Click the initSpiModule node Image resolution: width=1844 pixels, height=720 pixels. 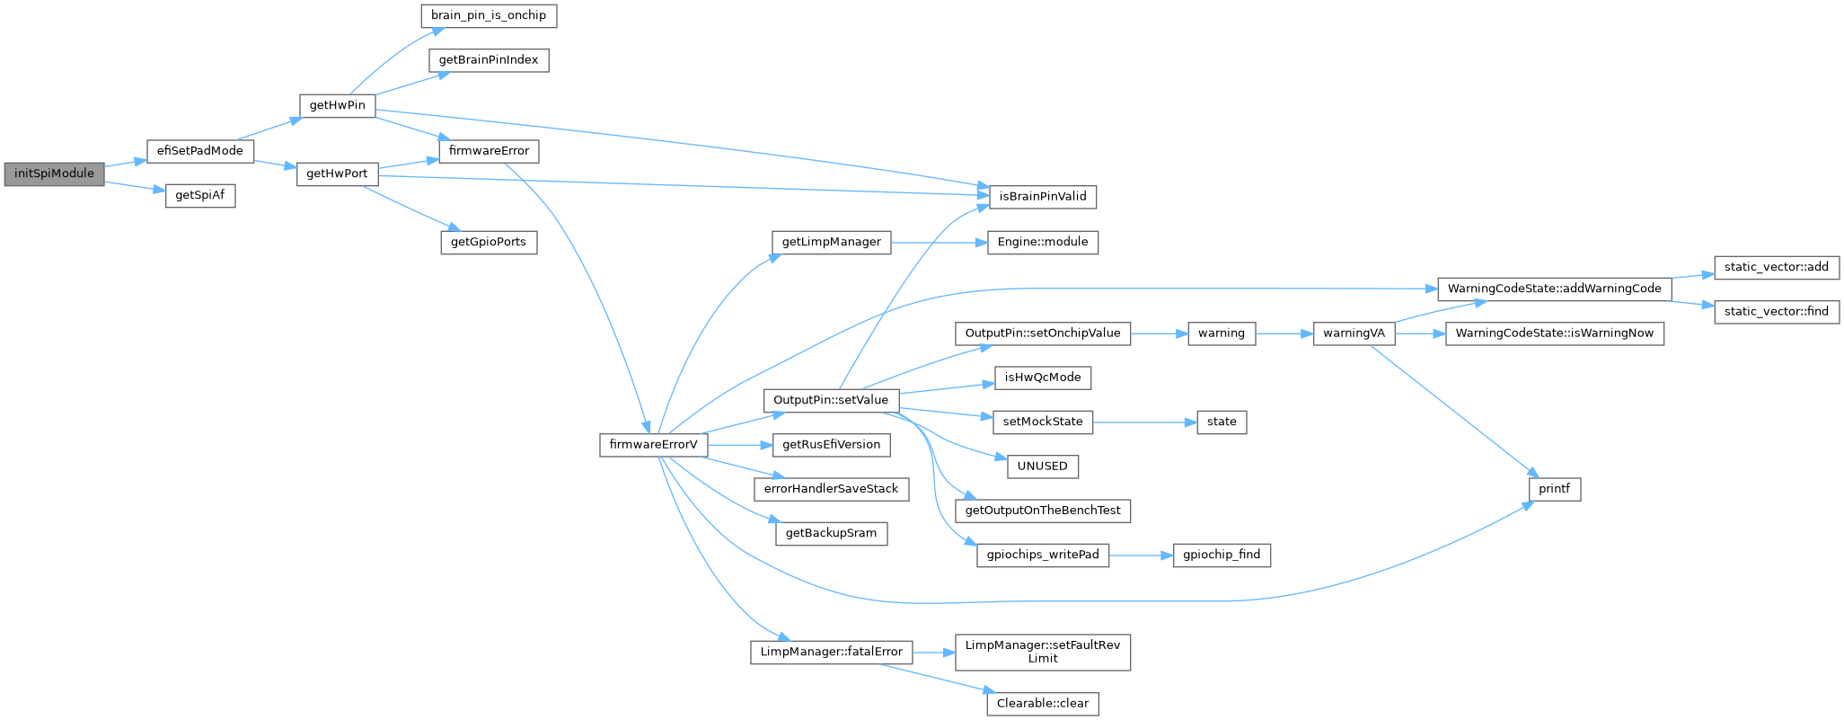point(54,173)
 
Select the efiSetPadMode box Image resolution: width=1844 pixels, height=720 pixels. point(199,151)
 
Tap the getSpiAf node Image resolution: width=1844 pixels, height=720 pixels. point(199,196)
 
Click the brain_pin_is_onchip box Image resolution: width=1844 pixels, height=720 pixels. point(489,16)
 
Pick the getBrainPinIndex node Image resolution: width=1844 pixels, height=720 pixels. point(489,60)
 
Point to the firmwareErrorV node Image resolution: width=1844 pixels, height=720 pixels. point(653,445)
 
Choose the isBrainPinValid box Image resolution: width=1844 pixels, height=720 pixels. point(1042,196)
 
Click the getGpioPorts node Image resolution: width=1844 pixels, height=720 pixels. point(489,243)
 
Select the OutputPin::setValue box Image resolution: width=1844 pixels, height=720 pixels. point(831,400)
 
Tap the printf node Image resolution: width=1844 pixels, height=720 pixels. point(1554,489)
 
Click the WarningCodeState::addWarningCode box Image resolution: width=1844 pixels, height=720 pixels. point(1554,289)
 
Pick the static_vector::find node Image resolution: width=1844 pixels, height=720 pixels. point(1777,312)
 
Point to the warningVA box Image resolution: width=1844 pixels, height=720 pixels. point(1354,333)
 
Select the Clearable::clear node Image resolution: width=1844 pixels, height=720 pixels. point(1042,703)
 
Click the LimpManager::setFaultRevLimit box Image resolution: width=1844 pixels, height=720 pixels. point(1042,652)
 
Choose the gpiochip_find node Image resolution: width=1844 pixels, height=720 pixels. point(1222,555)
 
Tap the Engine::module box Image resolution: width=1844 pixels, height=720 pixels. point(1042,242)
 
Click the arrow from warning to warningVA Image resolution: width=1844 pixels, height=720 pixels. point(1284,333)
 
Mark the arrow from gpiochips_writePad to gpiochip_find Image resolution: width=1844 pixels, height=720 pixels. point(1142,556)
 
